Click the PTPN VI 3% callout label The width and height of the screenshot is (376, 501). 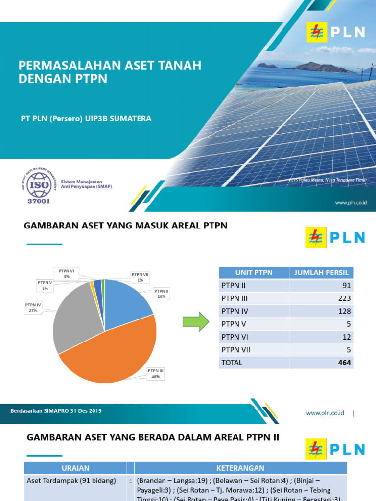coord(67,273)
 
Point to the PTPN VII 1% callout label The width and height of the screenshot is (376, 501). coord(140,277)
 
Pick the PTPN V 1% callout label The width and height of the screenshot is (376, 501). coord(46,285)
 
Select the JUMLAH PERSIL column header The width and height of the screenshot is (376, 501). coord(322,273)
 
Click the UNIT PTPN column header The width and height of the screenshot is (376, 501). coord(254,273)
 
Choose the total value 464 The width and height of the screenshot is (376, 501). coord(344,363)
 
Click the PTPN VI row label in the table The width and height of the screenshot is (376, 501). coord(233,337)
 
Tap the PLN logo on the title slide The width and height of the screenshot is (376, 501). coord(336,32)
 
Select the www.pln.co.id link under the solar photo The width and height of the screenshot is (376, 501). coord(351,202)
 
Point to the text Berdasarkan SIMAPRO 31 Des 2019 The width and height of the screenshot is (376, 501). coord(56,411)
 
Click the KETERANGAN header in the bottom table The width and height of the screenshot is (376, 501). coord(240,468)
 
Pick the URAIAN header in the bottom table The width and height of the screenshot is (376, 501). coord(75,468)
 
